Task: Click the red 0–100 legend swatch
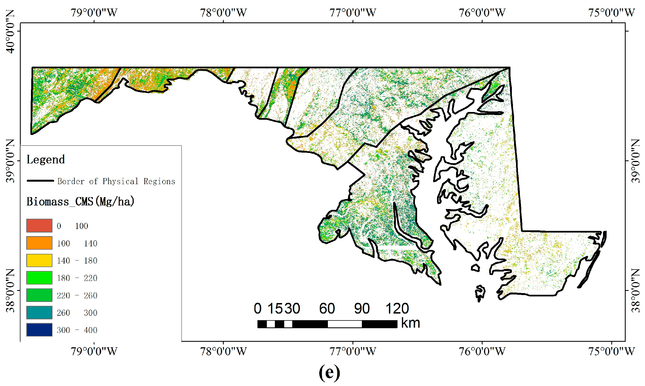click(39, 226)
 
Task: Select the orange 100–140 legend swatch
click(39, 243)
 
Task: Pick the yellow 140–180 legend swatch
click(39, 260)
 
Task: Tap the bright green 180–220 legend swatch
click(39, 278)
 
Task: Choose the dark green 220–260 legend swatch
click(39, 295)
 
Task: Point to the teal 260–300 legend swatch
click(39, 312)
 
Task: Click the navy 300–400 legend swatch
click(39, 330)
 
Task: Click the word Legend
click(46, 160)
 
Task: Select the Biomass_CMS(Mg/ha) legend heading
click(80, 202)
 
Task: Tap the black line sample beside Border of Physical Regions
click(40, 181)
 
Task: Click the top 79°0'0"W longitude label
click(94, 13)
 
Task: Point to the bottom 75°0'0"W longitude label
click(611, 351)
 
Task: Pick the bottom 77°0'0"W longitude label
click(353, 351)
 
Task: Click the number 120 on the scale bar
click(397, 308)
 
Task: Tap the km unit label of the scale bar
click(410, 323)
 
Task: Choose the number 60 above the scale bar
click(327, 308)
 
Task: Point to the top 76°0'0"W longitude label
click(482, 13)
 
